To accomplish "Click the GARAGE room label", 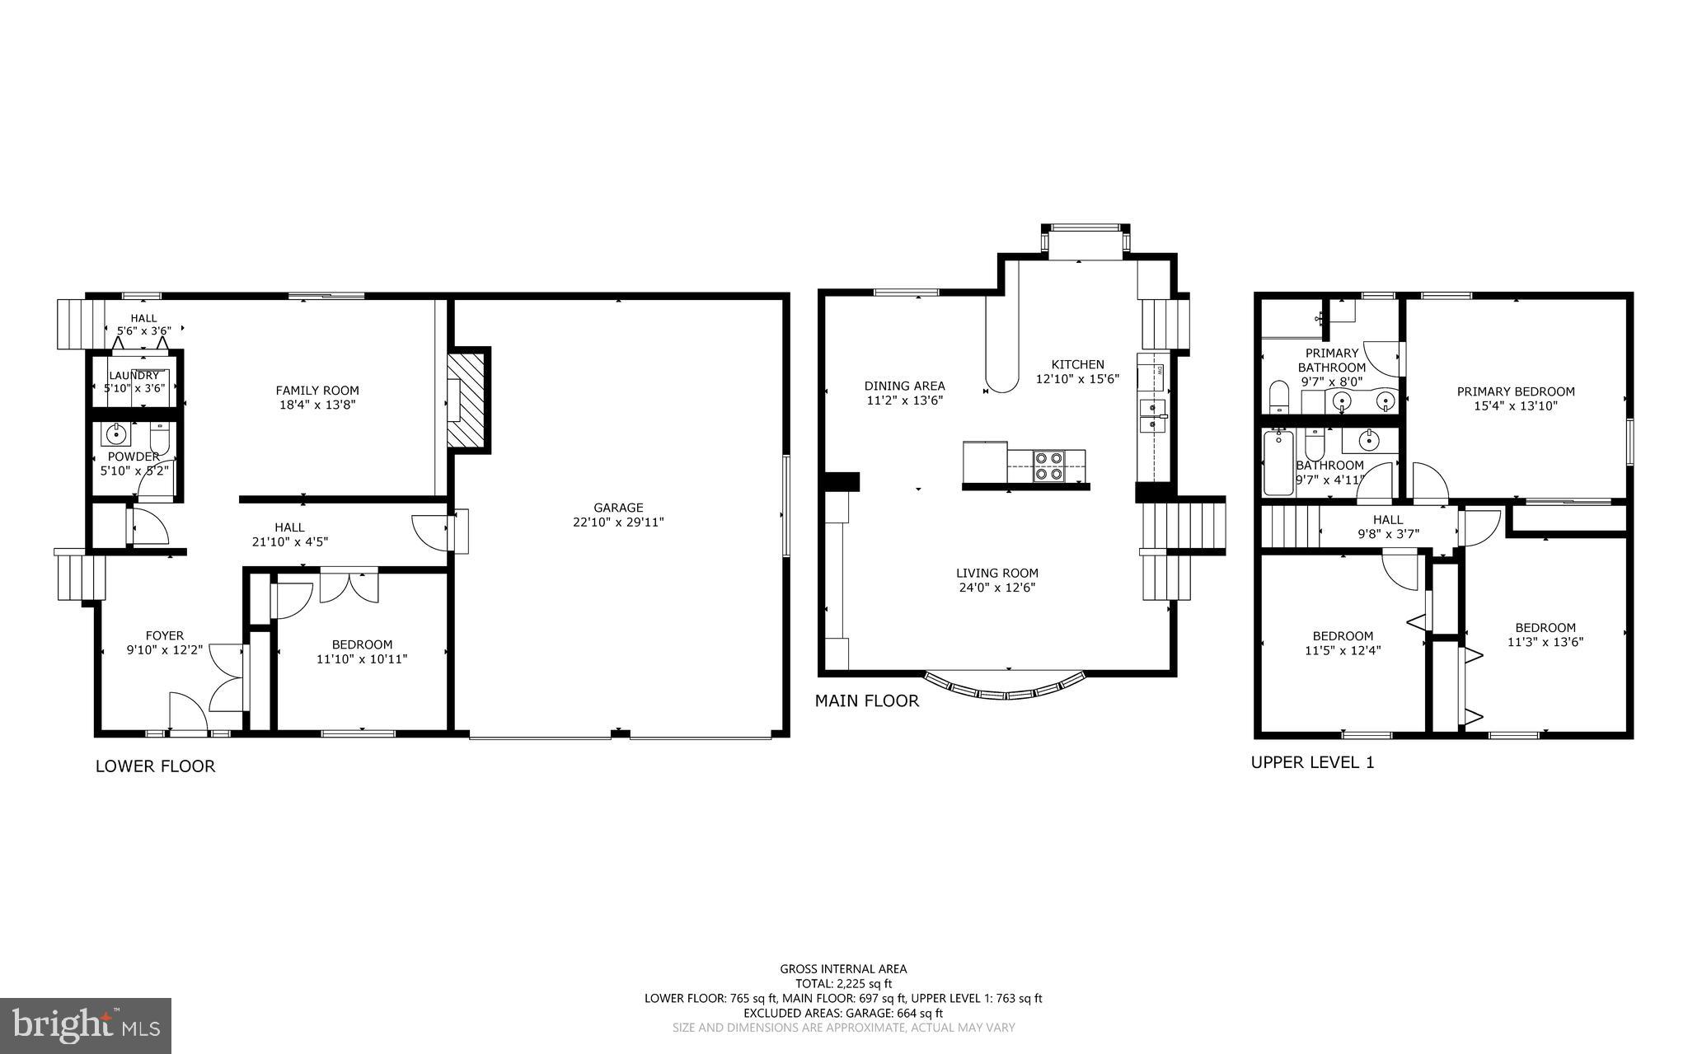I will tap(618, 508).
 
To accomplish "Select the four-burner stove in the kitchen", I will tap(1048, 466).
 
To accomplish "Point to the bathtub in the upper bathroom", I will tap(1278, 462).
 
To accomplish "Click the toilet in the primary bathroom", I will tap(1278, 398).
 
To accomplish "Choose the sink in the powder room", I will tap(116, 433).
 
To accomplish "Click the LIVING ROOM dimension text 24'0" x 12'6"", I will tap(996, 588).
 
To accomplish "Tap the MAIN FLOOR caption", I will tap(866, 701).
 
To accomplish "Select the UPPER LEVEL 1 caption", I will tap(1312, 762).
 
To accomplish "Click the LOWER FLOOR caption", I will tap(155, 766).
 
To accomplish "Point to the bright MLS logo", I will tap(86, 1025).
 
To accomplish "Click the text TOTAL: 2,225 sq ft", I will tap(843, 983).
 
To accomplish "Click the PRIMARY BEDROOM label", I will tap(1515, 391).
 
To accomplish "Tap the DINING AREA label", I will tap(904, 386).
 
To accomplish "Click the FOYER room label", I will tap(165, 635).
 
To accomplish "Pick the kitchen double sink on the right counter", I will tap(1152, 416).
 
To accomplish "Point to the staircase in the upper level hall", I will tap(1290, 527).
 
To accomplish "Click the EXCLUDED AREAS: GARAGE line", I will tap(843, 1013).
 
